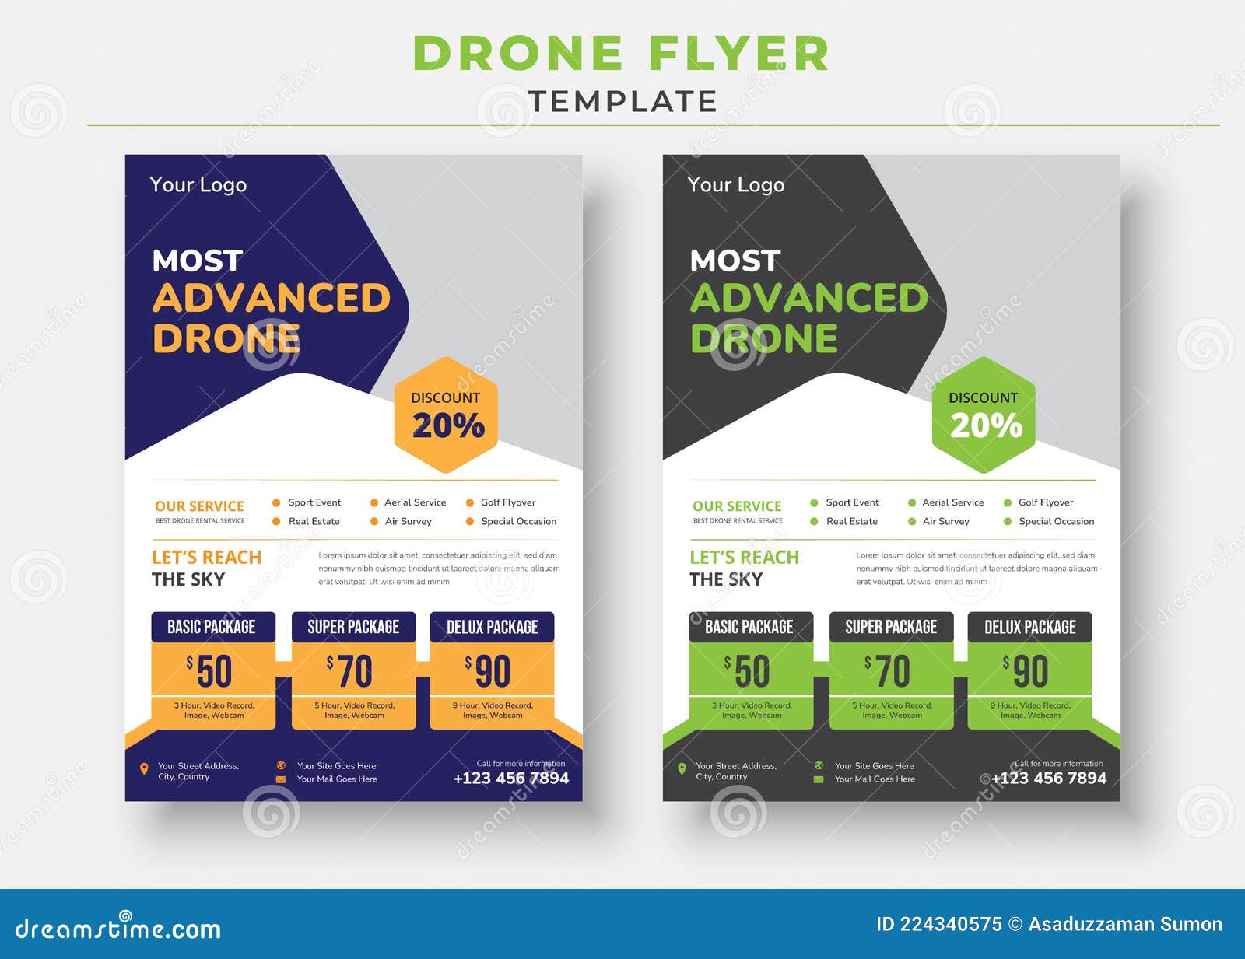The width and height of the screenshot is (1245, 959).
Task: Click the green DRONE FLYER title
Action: click(621, 54)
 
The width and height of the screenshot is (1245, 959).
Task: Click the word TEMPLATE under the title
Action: click(622, 101)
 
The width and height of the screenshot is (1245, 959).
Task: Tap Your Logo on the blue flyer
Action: click(198, 185)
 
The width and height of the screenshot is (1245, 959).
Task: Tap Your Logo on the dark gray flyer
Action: click(735, 185)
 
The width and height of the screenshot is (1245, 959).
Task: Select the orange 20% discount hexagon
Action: click(446, 415)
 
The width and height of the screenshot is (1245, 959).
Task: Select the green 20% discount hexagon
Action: click(984, 415)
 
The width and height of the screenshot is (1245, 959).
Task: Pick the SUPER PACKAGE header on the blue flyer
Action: click(353, 627)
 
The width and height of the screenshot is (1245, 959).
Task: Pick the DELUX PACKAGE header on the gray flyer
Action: click(1029, 627)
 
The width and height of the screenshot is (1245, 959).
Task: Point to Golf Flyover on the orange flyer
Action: click(507, 502)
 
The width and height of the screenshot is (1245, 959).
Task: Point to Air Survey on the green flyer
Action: click(945, 522)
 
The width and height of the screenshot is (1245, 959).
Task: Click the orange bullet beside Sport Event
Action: click(276, 502)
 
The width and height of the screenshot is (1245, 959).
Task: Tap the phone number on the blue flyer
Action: click(510, 779)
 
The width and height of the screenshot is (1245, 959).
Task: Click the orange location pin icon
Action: click(144, 769)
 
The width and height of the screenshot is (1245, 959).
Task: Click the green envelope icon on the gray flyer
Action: click(819, 779)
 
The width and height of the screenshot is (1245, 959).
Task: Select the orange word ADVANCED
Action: click(271, 299)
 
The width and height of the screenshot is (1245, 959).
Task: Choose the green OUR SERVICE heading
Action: click(737, 506)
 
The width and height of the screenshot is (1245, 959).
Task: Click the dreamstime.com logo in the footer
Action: click(117, 928)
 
